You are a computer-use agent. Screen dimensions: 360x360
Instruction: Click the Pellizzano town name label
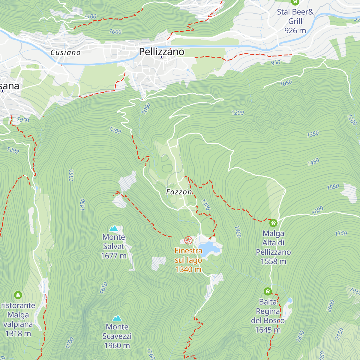(x=162, y=52)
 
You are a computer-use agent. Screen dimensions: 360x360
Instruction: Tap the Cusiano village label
(x=65, y=53)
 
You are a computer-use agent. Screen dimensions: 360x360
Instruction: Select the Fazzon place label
(x=179, y=192)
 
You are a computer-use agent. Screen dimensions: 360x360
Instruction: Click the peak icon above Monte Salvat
(x=113, y=228)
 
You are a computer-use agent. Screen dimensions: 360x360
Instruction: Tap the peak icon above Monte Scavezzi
(x=117, y=318)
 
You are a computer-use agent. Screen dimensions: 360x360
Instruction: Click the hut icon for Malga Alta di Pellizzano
(x=273, y=223)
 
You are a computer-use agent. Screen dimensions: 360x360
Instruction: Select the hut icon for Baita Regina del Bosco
(x=268, y=291)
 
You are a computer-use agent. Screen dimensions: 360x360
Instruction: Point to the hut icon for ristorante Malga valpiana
(x=18, y=295)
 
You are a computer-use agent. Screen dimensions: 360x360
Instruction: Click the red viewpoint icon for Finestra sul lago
(x=188, y=240)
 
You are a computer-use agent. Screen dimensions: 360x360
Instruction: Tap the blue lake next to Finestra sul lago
(x=210, y=249)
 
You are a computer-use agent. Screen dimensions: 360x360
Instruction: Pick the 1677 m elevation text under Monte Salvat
(x=114, y=256)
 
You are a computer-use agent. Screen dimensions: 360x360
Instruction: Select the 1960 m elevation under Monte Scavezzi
(x=117, y=346)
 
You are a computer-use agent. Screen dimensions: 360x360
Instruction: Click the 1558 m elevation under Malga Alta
(x=273, y=262)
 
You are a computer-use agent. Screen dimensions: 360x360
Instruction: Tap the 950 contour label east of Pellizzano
(x=275, y=62)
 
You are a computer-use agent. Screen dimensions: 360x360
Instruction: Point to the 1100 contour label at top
(x=90, y=16)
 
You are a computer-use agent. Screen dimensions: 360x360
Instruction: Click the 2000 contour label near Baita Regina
(x=330, y=306)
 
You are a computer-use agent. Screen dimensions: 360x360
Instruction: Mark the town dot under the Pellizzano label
(x=161, y=57)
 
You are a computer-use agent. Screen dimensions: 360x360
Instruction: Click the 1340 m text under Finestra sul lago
(x=188, y=269)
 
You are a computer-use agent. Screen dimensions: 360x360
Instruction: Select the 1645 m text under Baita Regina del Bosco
(x=268, y=330)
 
